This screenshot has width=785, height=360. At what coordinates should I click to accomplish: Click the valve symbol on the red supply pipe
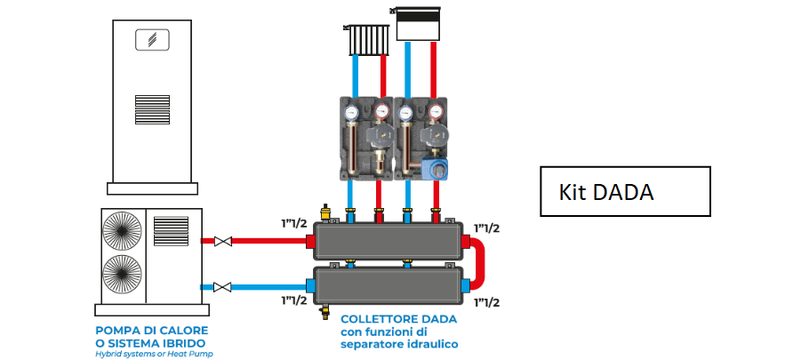224,241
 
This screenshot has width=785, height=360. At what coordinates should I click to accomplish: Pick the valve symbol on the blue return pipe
224,286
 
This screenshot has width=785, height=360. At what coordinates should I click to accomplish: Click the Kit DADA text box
625,191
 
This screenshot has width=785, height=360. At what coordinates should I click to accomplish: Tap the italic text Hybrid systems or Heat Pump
154,354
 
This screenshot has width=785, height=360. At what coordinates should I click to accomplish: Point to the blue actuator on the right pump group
434,167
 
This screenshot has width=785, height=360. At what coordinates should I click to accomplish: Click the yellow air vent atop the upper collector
325,212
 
